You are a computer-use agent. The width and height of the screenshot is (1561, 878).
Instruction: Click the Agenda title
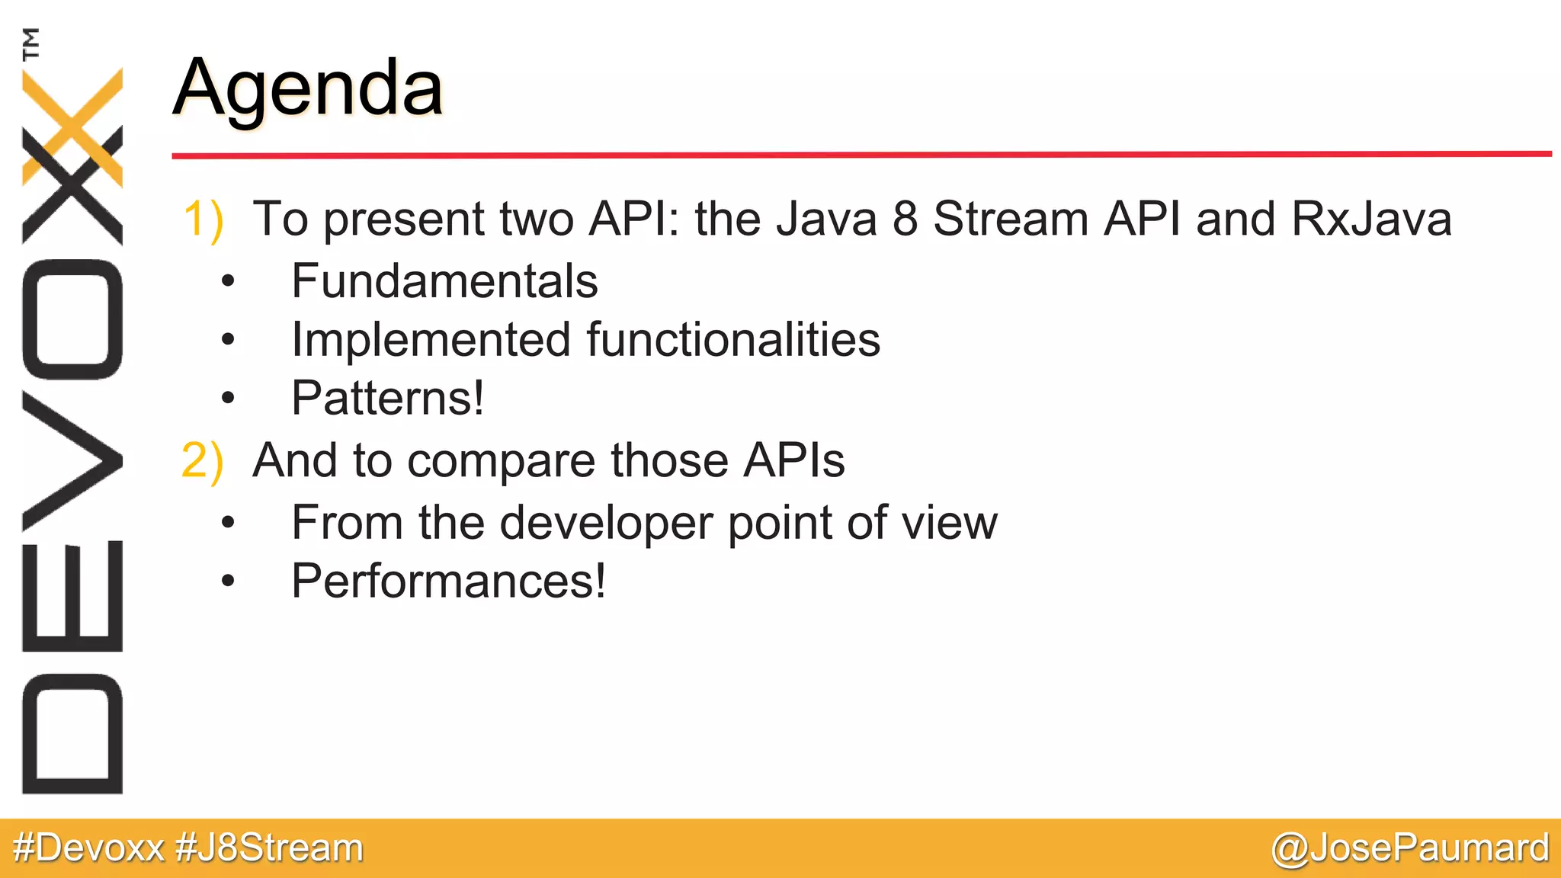307,90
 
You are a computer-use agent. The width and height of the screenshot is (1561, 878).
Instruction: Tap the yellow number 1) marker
203,220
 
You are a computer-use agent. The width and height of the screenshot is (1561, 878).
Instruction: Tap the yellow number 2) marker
202,461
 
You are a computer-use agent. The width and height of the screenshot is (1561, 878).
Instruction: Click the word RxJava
1371,219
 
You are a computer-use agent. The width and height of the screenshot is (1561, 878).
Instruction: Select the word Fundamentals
444,281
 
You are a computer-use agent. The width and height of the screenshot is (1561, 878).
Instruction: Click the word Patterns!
387,398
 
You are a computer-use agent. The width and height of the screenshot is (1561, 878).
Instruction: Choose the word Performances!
448,582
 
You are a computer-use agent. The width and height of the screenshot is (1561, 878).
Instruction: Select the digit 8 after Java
905,219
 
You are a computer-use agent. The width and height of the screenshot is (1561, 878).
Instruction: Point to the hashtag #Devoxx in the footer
88,848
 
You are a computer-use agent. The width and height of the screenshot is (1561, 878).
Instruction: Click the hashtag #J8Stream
269,848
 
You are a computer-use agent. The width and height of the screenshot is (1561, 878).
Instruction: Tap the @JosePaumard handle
1410,848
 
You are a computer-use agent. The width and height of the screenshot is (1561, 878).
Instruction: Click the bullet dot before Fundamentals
227,282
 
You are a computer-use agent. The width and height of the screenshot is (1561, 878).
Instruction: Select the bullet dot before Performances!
227,582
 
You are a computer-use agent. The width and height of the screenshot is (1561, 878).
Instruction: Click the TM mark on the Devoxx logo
30,43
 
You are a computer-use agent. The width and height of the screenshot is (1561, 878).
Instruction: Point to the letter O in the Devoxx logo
72,319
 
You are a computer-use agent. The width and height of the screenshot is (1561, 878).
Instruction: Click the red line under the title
861,155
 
